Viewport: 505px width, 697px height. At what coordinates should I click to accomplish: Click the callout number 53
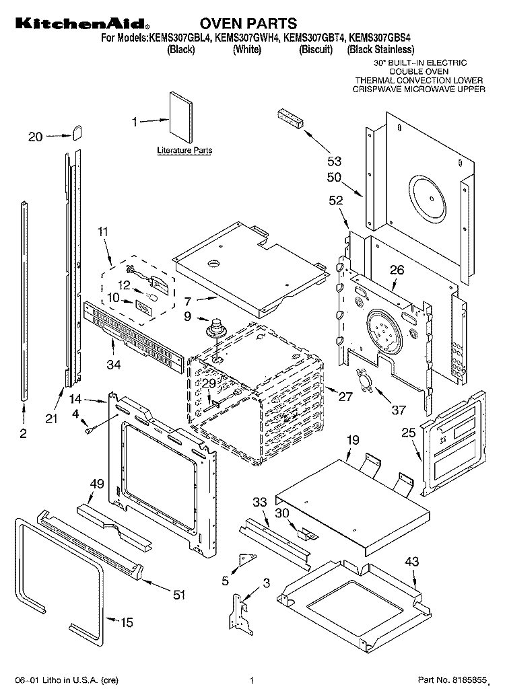click(x=334, y=161)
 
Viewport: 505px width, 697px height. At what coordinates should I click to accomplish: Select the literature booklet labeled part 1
click(x=181, y=118)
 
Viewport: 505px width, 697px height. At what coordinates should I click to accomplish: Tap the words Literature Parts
click(x=184, y=150)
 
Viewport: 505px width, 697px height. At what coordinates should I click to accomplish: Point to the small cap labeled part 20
click(x=77, y=132)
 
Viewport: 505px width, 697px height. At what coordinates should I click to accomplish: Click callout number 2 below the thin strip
click(x=23, y=433)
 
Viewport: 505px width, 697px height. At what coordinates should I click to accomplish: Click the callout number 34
click(x=114, y=365)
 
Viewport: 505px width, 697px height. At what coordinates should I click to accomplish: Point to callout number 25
click(x=409, y=432)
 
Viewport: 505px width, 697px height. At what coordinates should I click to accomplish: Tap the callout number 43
click(x=411, y=562)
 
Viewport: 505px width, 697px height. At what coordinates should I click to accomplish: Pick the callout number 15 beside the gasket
click(x=127, y=622)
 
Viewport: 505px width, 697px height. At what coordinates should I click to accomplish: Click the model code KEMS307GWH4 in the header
click(x=247, y=38)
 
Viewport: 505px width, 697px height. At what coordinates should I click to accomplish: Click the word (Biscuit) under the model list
click(x=316, y=49)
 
